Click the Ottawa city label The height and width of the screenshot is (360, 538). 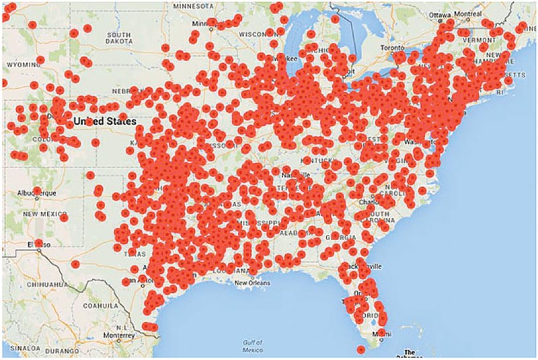pos(441,15)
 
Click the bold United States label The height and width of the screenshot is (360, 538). pos(104,121)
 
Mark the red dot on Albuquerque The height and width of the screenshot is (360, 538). pos(36,191)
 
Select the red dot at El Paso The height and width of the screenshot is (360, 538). pos(38,243)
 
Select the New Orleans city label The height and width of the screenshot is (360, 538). pos(252,283)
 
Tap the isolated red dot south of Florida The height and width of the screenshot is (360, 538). pos(361,349)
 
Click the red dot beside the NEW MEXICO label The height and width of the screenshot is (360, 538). pos(63,217)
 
